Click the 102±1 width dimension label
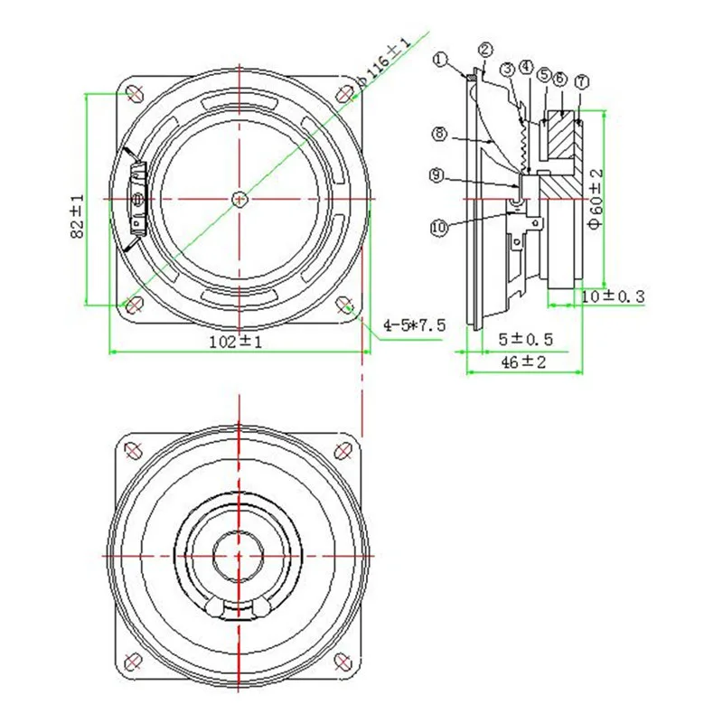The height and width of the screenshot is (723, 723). (x=236, y=343)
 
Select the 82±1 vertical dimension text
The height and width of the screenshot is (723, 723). (x=78, y=216)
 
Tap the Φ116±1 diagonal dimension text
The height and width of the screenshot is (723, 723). (x=384, y=62)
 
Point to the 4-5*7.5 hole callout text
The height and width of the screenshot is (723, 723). (x=415, y=325)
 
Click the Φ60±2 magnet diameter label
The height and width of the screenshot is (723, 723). (x=596, y=198)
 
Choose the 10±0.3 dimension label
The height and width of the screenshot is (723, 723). (x=613, y=296)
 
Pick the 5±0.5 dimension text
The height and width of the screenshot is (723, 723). (x=525, y=340)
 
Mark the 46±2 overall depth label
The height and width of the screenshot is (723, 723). (x=523, y=362)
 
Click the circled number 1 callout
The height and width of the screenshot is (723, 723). (x=441, y=60)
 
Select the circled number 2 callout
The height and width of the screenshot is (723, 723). (x=485, y=50)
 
